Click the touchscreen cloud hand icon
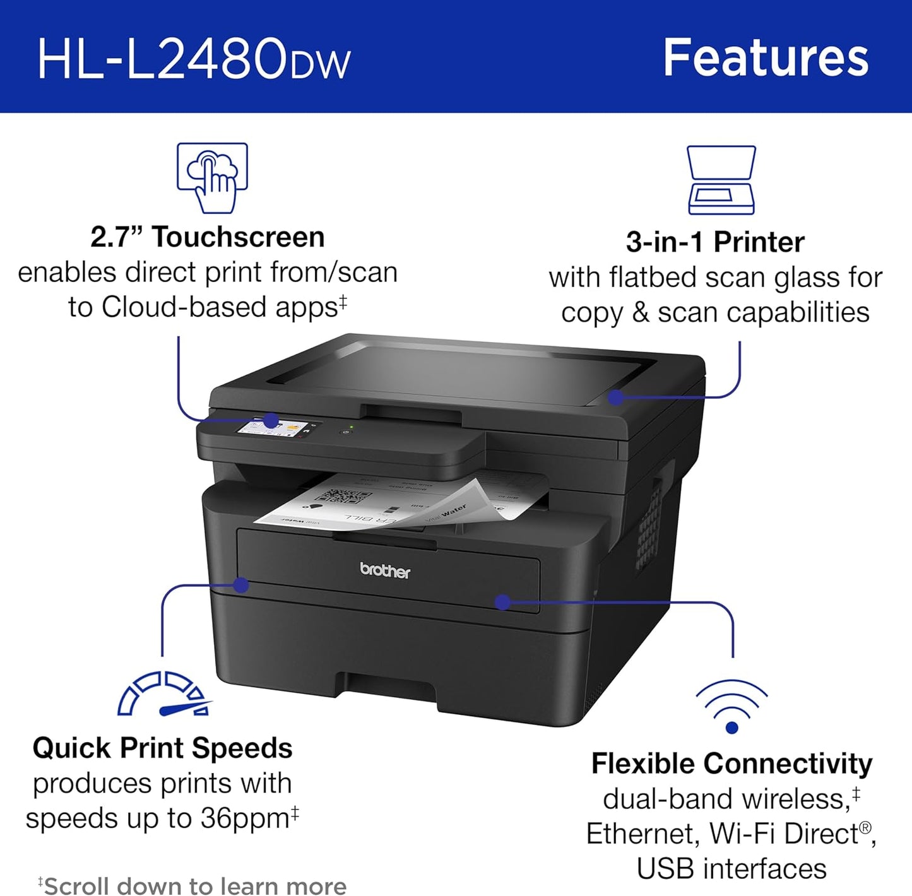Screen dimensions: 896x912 coord(212,177)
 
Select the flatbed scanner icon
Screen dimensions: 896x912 coord(721,180)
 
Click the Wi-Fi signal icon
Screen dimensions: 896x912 coord(731,706)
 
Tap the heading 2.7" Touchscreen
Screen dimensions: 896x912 coord(207,237)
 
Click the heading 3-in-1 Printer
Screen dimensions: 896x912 coord(715,242)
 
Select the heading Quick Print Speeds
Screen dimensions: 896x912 coord(162,748)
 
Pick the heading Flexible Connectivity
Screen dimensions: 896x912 coord(731,763)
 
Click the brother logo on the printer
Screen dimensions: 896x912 coord(385,570)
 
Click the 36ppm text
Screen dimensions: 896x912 coord(245,818)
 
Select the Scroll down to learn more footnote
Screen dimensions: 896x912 coord(192,885)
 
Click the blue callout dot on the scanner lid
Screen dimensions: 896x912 coord(616,397)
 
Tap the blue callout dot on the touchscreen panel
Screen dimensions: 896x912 coord(271,420)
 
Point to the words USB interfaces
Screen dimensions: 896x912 coord(731,869)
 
